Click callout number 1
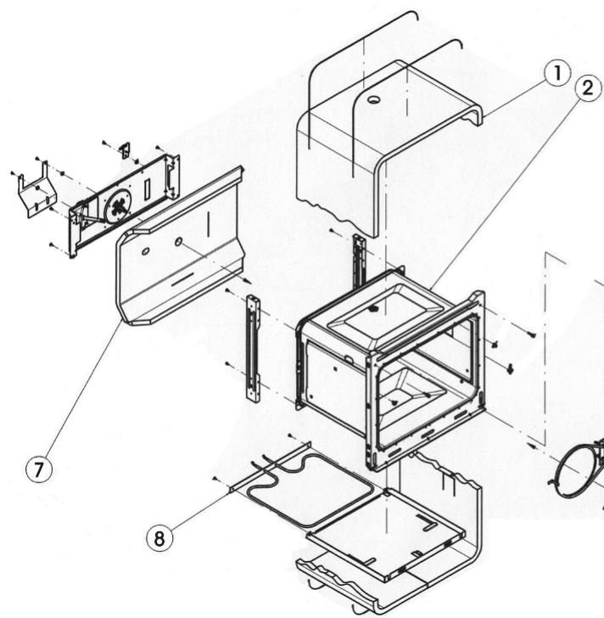coord(557,73)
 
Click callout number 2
coord(588,88)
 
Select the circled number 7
coord(38,469)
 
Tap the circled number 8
coord(159,538)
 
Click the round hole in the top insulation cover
coord(373,99)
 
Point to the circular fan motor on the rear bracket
coord(117,205)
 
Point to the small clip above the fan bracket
coord(126,150)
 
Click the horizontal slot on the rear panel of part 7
coord(182,278)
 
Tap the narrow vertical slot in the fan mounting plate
coord(148,188)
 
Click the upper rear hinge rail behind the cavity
coord(358,260)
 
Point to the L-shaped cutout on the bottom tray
coord(427,522)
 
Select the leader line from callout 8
coord(201,508)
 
